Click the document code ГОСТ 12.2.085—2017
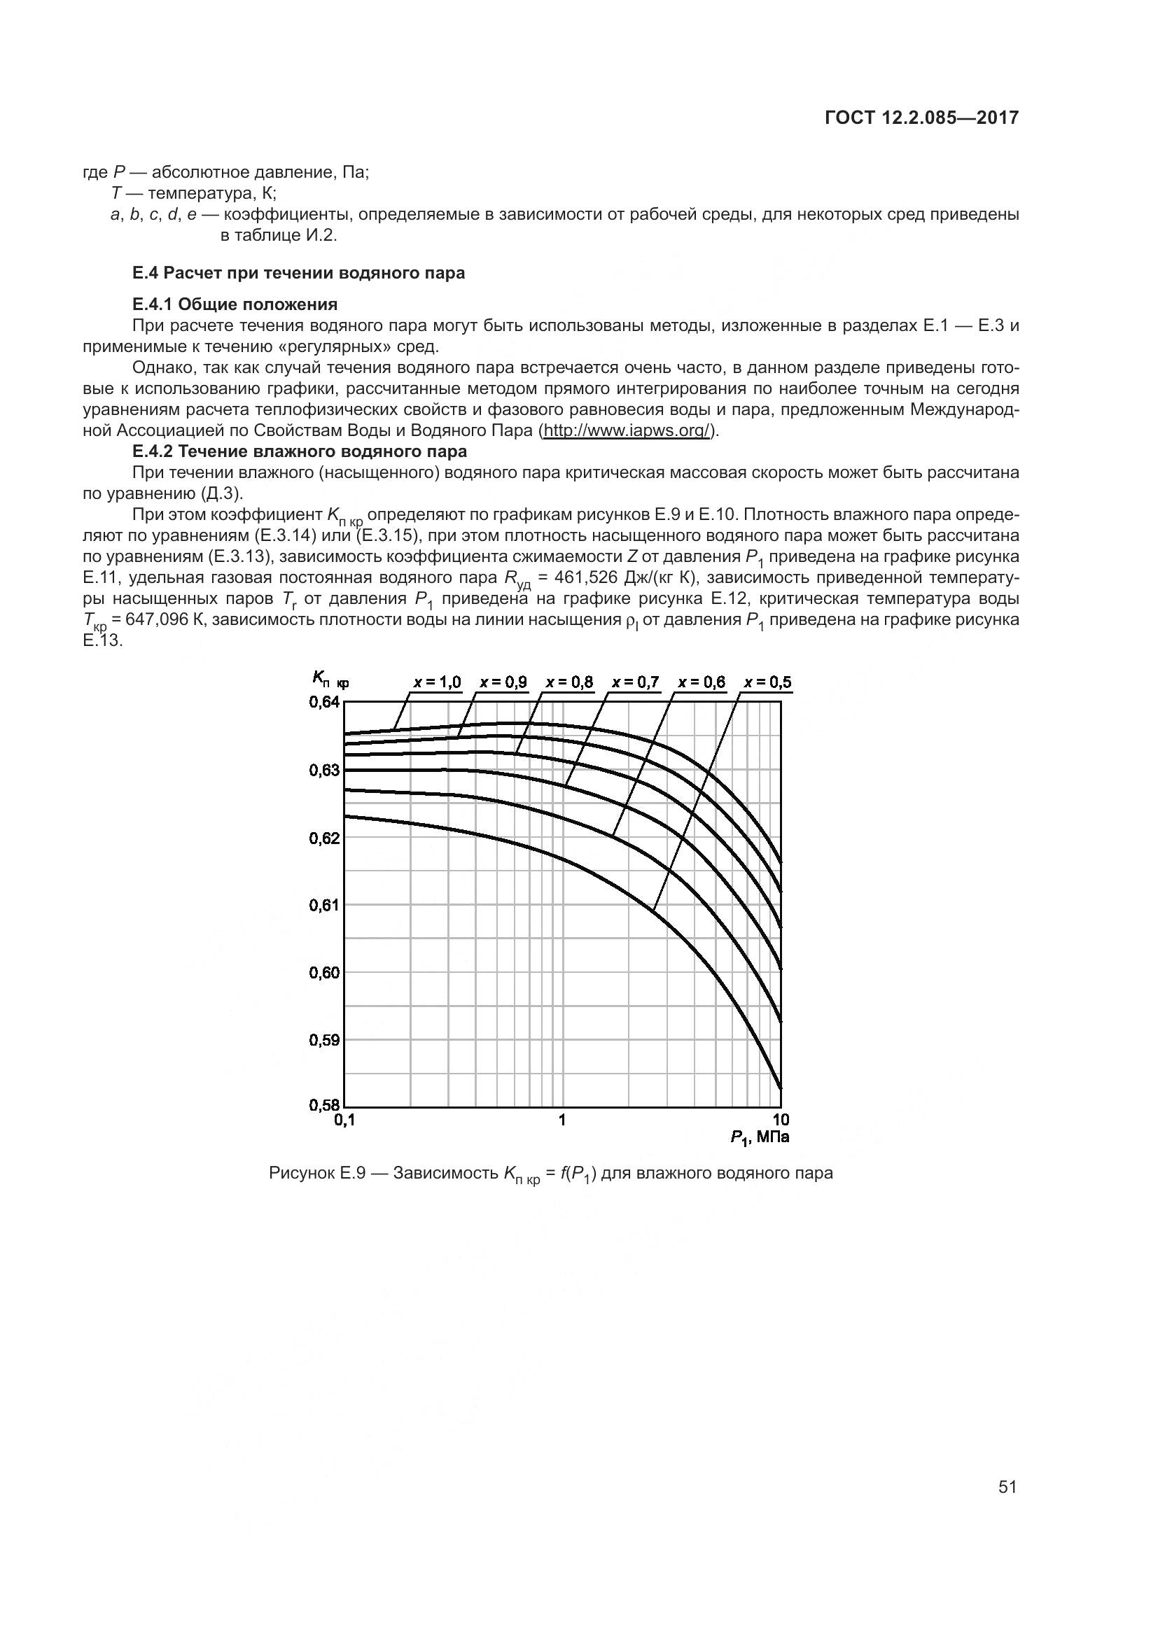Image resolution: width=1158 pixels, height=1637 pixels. pos(921,118)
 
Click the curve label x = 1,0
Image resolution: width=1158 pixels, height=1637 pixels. pos(437,682)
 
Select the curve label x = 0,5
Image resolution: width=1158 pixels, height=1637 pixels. pos(767,682)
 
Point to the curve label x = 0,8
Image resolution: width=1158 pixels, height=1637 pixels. pos(569,682)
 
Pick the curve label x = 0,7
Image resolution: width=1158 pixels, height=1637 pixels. pos(635,682)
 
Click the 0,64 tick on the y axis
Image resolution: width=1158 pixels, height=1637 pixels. pos(324,703)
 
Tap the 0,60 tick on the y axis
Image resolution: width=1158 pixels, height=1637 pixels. pos(324,973)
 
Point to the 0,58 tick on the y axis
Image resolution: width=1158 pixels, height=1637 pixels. pos(324,1106)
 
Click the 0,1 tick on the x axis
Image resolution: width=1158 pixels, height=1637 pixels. pos(344,1120)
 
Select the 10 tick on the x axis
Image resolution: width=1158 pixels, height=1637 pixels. pos(781,1120)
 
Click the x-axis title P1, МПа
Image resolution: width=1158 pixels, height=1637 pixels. pos(760,1138)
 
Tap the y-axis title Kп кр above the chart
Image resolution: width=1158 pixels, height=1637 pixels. pos(330,679)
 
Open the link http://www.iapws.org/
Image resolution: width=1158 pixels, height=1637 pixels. pos(627,430)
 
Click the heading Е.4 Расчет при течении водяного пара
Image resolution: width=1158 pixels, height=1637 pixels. pos(298,273)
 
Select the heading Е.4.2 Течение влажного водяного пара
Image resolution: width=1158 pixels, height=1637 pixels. pos(300,451)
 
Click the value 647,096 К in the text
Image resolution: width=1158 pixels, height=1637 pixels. pos(166,619)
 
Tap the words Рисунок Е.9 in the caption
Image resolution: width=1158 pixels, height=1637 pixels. pos(317,1173)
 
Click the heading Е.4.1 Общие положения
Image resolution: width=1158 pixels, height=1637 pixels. pos(235,304)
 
